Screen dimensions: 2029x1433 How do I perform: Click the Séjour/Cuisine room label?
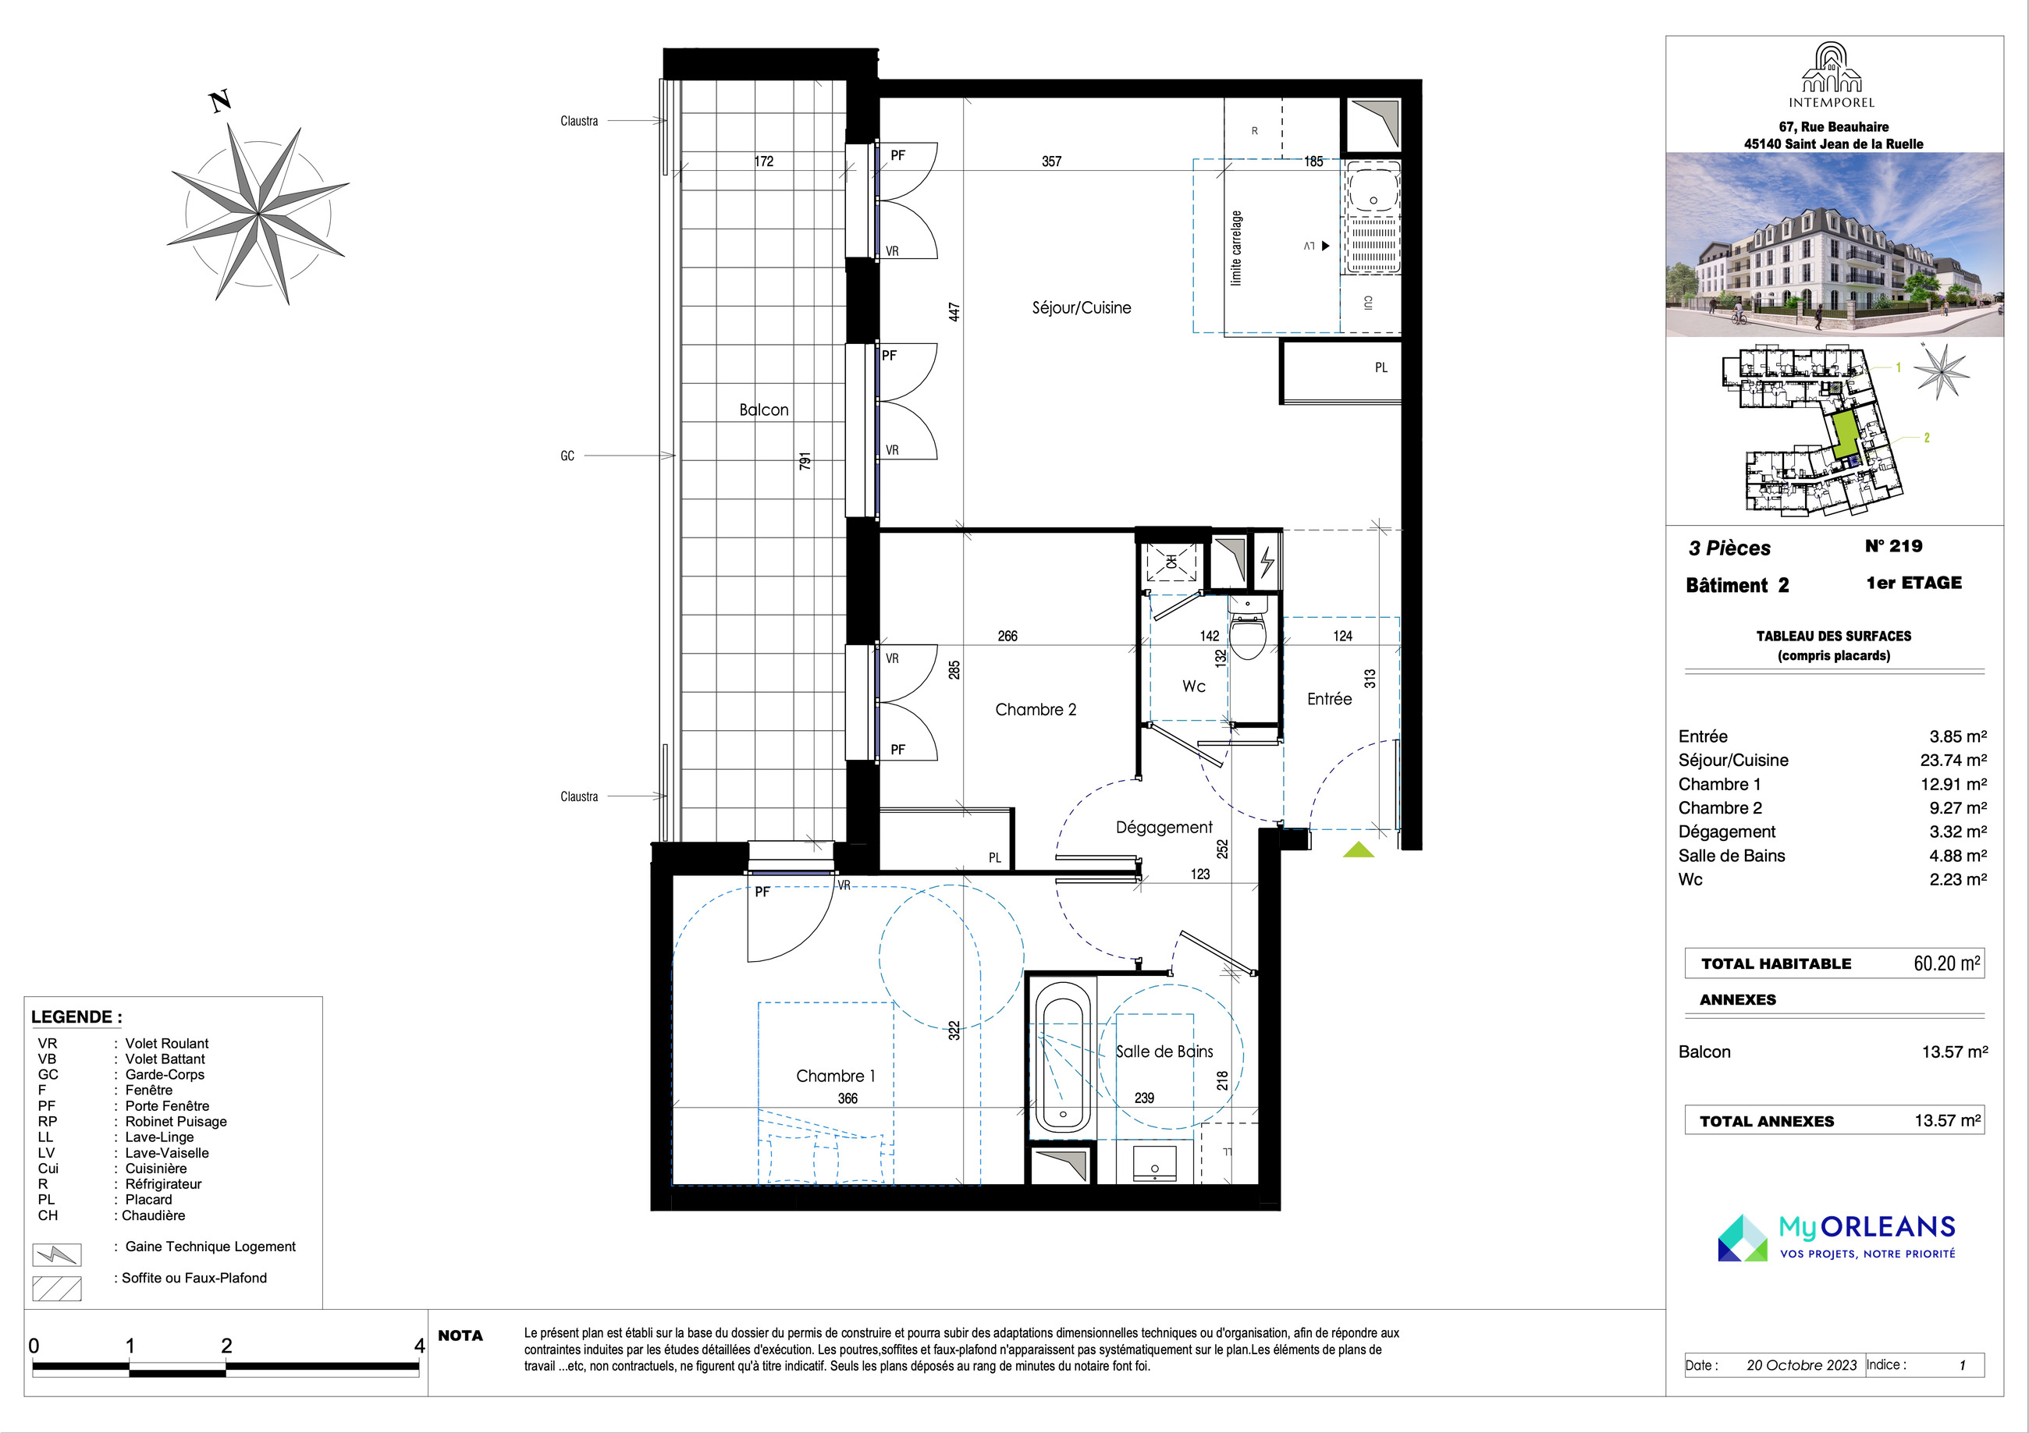click(1081, 307)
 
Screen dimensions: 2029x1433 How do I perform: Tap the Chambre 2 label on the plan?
click(1036, 709)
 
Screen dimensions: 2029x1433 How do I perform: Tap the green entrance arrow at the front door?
click(1359, 850)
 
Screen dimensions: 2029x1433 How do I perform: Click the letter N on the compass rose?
click(220, 101)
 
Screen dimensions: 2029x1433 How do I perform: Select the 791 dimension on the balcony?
click(804, 461)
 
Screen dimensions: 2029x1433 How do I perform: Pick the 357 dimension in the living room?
click(1052, 161)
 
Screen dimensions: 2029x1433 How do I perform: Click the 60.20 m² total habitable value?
click(1947, 963)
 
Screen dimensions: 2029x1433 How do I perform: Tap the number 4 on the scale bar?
click(420, 1346)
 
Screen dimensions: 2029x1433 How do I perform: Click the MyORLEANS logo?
click(1836, 1237)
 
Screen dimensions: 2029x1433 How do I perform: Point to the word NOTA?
click(460, 1335)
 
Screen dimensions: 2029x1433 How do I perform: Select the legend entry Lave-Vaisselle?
click(167, 1153)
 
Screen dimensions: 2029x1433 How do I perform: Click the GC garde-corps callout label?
click(567, 456)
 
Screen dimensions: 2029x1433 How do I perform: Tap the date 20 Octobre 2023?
click(1802, 1365)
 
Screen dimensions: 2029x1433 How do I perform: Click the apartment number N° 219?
click(1894, 546)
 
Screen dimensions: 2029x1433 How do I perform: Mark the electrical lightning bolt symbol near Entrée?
click(1267, 561)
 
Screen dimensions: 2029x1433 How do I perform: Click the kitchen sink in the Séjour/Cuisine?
click(1373, 192)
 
